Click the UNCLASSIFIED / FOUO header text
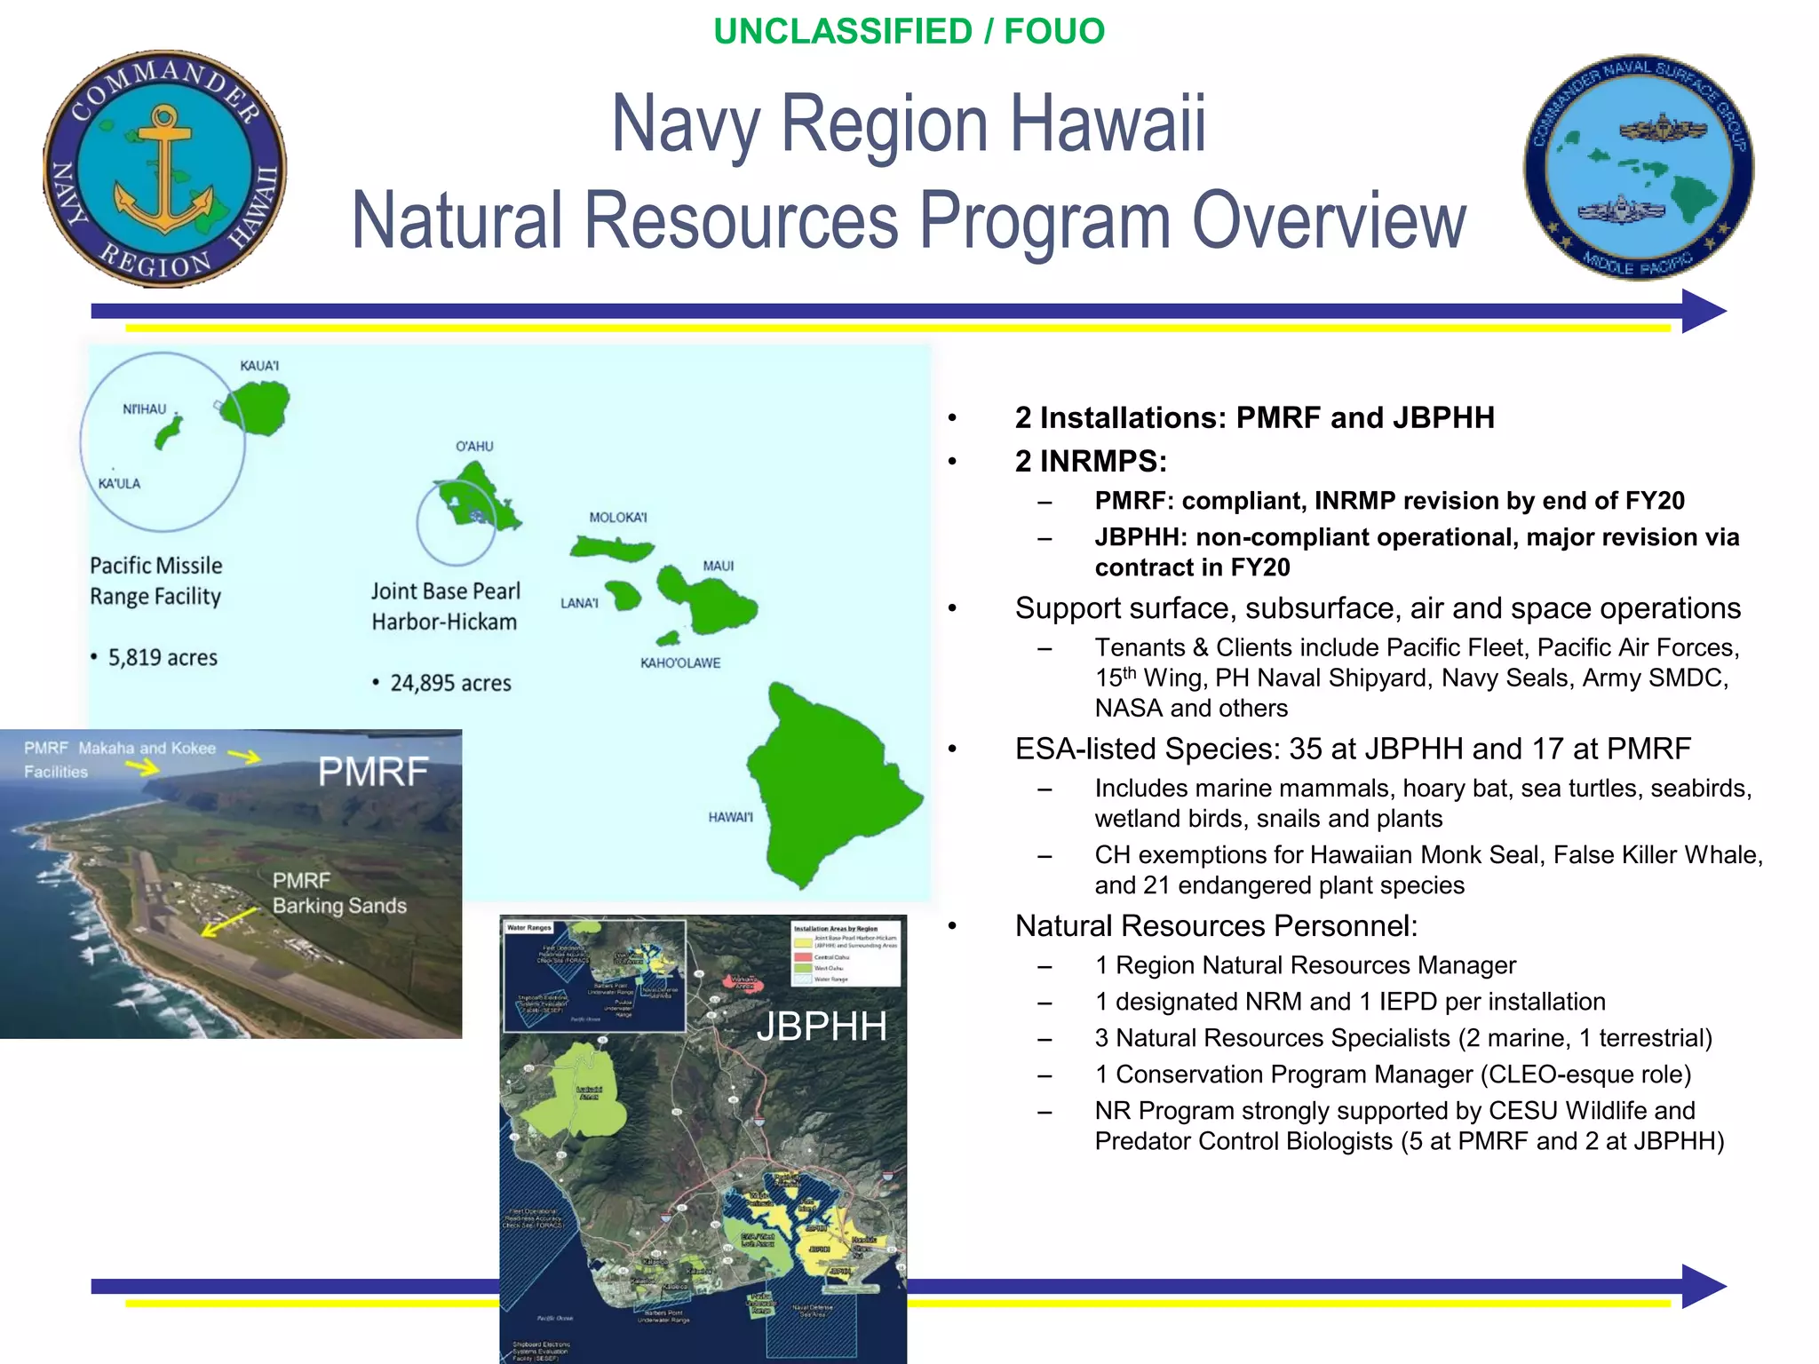coord(909,32)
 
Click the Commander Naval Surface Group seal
coord(1639,168)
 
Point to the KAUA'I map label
coord(259,366)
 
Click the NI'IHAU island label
coord(144,409)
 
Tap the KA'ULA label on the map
coord(119,484)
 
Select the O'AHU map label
coord(474,447)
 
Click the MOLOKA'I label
coord(618,518)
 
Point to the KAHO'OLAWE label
coord(680,663)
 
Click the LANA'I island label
coord(579,604)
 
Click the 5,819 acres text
coord(163,658)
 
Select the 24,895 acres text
coord(450,684)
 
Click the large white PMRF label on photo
coord(373,772)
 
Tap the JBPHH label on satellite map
coord(821,1027)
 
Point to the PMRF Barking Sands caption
coord(338,893)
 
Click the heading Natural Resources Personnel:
coord(1216,926)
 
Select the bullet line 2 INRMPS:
coord(1090,462)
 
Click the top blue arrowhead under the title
coord(1702,311)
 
